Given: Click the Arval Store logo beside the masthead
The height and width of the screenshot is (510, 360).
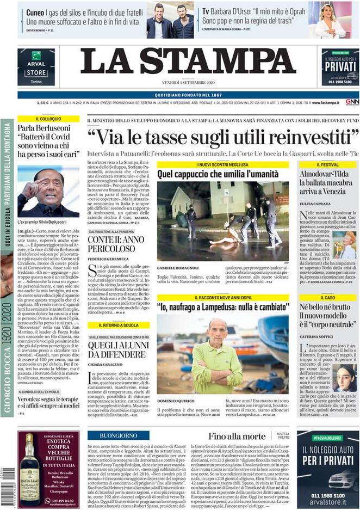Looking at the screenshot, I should pos(36,67).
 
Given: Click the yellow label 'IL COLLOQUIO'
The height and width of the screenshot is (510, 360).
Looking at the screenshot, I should pos(48,118).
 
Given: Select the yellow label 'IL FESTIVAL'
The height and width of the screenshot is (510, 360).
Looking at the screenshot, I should pos(327,164).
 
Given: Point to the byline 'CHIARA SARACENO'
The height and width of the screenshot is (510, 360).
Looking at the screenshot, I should pos(105,364).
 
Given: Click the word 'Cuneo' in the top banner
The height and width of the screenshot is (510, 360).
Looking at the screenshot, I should pos(35,11).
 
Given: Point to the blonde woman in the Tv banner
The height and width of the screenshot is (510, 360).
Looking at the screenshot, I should pos(330,21).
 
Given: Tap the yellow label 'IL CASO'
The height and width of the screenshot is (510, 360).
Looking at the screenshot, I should pos(327,298).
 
